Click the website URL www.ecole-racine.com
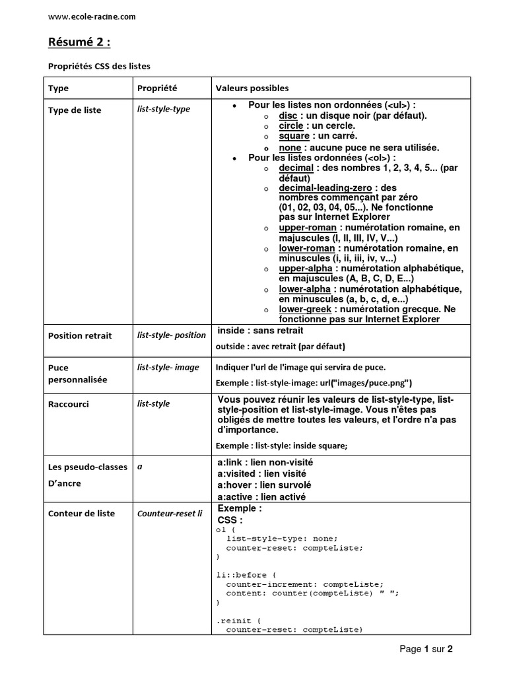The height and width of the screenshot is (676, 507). (92, 17)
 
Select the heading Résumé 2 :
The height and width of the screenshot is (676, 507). (79, 43)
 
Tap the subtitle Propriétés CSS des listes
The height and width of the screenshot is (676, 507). (100, 66)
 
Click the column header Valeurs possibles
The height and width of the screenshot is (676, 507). (252, 88)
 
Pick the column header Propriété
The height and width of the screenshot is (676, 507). (157, 88)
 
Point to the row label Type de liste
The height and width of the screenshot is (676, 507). (75, 110)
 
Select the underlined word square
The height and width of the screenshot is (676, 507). (294, 136)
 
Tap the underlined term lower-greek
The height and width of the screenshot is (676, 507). (300, 310)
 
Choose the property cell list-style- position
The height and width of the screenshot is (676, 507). (172, 335)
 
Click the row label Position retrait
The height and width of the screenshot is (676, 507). (80, 335)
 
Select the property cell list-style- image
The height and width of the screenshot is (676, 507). (168, 367)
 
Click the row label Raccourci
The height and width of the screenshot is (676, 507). (68, 404)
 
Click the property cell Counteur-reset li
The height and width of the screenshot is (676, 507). (170, 513)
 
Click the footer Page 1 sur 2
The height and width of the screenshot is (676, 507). (426, 649)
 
